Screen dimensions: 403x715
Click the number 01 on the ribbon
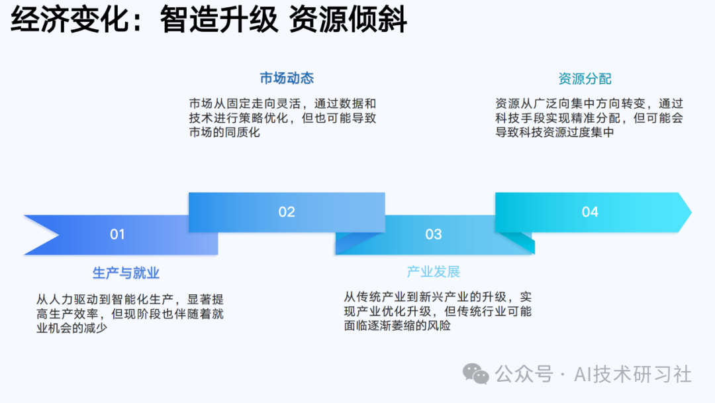click(117, 234)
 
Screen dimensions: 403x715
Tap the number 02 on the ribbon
click(287, 212)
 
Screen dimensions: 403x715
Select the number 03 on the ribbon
click(434, 234)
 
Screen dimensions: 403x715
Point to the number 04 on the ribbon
click(590, 212)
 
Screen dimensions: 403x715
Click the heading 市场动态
click(286, 78)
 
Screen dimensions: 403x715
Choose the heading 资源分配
click(585, 79)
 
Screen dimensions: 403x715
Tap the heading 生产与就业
click(126, 273)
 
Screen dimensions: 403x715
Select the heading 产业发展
click(433, 272)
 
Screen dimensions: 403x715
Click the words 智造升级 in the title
click(218, 21)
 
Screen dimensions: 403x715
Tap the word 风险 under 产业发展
click(436, 325)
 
